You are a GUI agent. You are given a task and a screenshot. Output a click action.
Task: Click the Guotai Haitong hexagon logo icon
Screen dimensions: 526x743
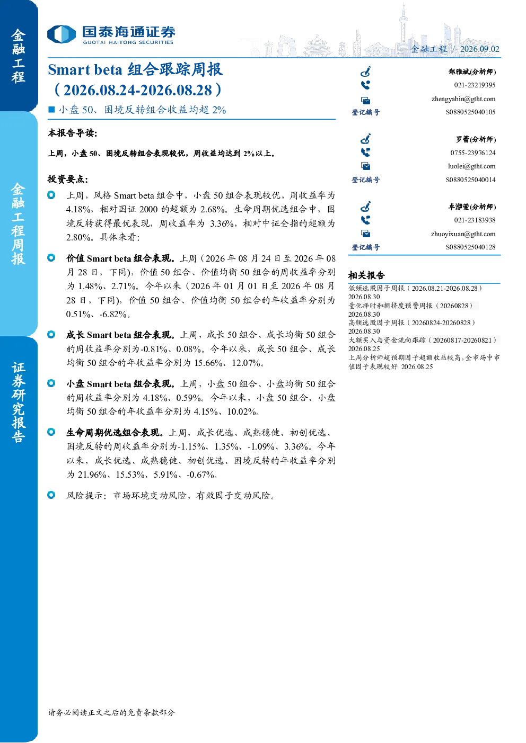62,34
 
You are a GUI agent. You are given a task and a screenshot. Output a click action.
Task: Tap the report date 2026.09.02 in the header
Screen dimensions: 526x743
479,49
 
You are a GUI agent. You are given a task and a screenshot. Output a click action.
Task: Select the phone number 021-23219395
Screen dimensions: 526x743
475,85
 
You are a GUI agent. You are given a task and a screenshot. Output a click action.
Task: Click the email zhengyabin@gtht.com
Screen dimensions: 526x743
463,99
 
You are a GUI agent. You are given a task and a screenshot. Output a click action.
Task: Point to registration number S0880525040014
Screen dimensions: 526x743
470,180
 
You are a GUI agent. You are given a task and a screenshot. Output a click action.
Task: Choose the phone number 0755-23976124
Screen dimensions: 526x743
472,153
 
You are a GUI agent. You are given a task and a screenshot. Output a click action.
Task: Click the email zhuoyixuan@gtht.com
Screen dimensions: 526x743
463,234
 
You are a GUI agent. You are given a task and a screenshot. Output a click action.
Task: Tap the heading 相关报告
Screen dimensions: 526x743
366,275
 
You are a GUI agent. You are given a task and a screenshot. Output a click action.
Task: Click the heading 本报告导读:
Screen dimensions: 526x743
73,133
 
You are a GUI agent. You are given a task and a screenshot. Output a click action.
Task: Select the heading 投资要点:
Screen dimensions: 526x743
68,179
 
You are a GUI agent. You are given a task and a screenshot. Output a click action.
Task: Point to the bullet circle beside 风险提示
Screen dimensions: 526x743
51,495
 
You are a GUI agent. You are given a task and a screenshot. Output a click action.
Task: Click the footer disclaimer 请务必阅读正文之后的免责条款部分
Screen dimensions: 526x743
111,712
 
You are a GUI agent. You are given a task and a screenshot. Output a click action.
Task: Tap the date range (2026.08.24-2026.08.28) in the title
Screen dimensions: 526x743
137,90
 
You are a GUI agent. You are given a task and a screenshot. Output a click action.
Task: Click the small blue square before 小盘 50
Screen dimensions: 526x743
51,110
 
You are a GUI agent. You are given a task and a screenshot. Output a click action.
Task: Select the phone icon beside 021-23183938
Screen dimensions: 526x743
365,220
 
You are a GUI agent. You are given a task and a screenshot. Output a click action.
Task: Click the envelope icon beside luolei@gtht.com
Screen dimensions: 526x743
366,166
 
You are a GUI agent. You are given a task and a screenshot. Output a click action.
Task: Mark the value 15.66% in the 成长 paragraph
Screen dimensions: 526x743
208,363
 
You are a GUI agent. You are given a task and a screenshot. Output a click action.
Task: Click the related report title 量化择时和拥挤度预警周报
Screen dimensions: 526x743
390,306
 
